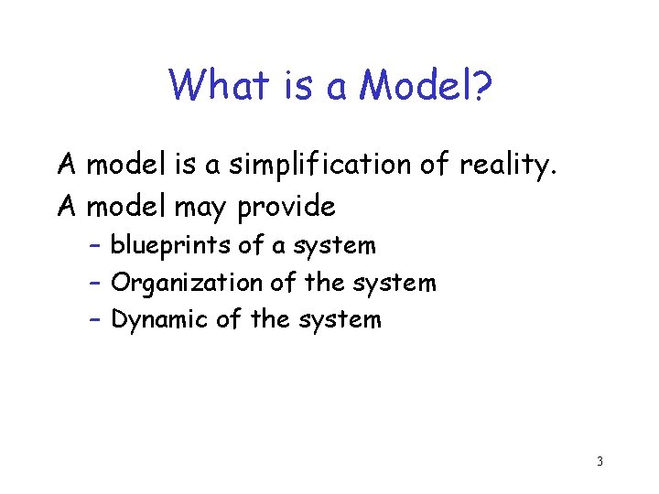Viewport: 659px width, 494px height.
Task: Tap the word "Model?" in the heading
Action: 427,86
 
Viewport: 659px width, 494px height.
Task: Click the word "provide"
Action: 286,208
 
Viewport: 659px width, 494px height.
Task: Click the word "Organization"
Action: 187,283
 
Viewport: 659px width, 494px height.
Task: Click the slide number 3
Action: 600,461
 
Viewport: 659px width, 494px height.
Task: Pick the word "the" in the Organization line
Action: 323,283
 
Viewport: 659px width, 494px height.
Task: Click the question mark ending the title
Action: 482,86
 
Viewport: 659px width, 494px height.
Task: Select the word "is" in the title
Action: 296,86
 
